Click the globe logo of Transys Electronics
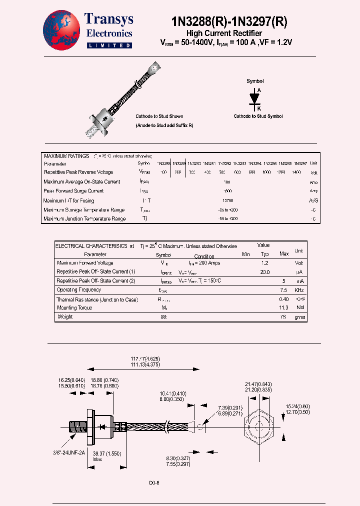tap(61, 30)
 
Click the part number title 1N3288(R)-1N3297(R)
tap(229, 21)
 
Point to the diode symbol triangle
tap(255, 97)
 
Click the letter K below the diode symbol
tap(258, 108)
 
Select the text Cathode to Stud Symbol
tap(258, 116)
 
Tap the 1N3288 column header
tap(164, 163)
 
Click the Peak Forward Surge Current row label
tap(73, 191)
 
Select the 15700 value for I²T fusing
tap(226, 200)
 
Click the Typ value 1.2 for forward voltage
tap(265, 263)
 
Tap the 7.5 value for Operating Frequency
tap(283, 290)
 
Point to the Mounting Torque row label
tap(74, 308)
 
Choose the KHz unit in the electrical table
tap(299, 290)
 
